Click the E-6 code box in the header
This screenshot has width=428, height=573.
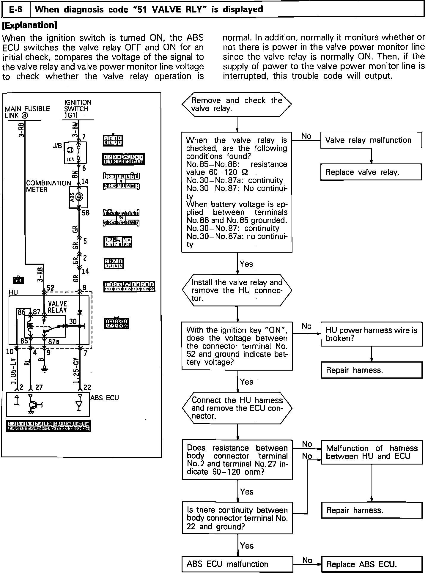coord(16,10)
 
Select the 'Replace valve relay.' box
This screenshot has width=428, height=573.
coord(371,172)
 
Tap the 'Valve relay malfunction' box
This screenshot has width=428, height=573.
coord(371,140)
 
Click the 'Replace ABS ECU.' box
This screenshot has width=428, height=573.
coord(372,564)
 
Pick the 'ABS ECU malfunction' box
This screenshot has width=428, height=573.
coord(237,564)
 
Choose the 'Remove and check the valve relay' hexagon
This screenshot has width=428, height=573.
coord(237,104)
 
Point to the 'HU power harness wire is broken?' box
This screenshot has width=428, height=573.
coord(372,334)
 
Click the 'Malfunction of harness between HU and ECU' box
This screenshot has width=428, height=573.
coord(372,452)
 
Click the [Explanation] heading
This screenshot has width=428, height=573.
coord(29,25)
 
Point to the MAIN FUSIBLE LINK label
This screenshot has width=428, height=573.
coord(27,112)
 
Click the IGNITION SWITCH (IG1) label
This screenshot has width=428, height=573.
coord(78,109)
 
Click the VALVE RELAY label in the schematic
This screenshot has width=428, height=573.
coord(57,307)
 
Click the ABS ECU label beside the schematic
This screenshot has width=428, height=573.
coord(104,398)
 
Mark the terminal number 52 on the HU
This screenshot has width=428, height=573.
coord(50,288)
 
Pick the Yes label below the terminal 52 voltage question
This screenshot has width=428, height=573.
coord(246,382)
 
